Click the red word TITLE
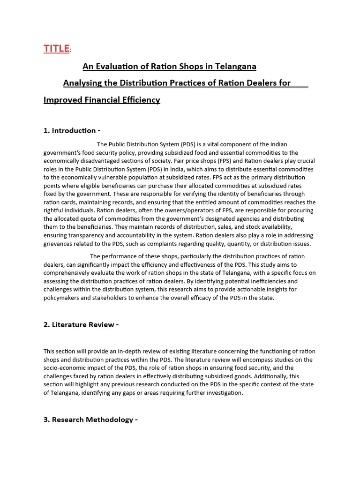(56, 48)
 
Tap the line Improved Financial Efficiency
(102, 100)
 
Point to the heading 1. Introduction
(72, 130)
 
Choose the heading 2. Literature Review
(81, 325)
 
